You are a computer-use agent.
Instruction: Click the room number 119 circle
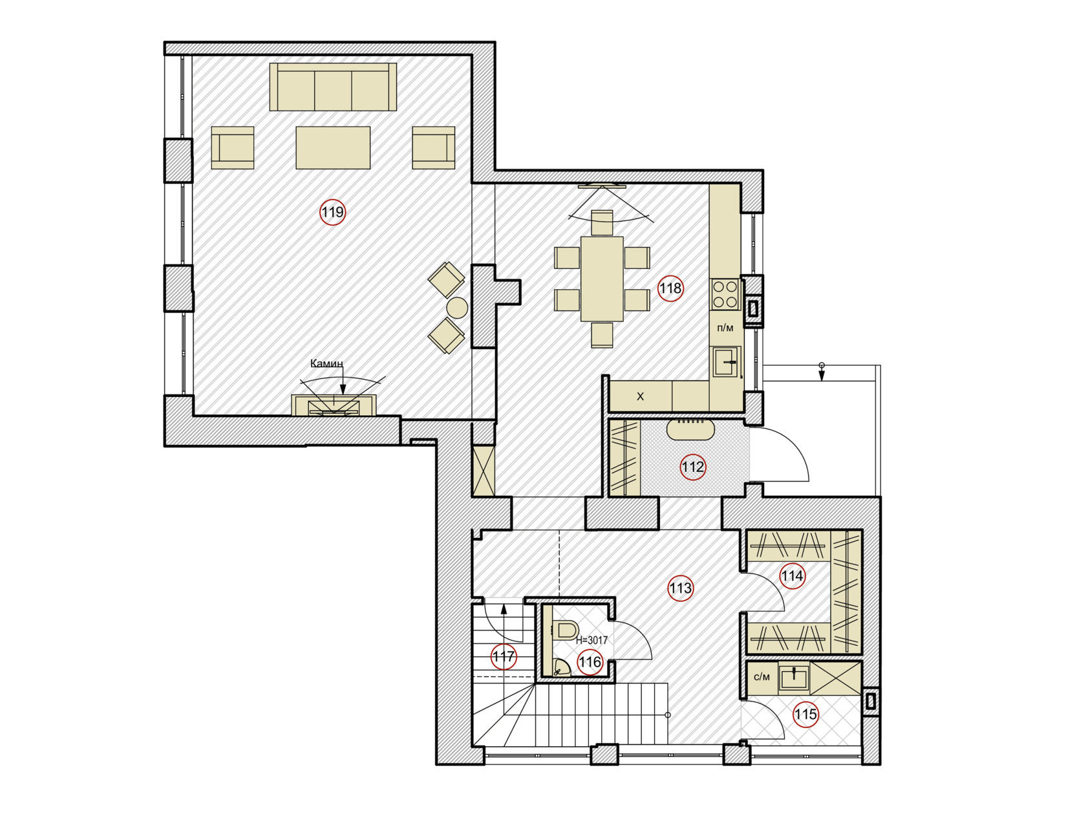[x=332, y=212]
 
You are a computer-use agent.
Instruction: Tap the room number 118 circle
[x=670, y=288]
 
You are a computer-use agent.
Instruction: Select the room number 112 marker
[x=693, y=467]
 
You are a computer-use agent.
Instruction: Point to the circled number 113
[x=680, y=588]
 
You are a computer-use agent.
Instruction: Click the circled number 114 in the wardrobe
[x=792, y=576]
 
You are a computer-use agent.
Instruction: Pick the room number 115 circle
[x=805, y=714]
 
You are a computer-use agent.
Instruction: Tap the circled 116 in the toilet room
[x=590, y=662]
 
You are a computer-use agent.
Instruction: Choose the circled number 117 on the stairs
[x=504, y=657]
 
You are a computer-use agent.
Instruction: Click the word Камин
[x=326, y=364]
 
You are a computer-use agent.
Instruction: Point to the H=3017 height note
[x=591, y=640]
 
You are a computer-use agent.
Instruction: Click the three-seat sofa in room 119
[x=333, y=87]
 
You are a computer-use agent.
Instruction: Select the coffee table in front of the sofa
[x=333, y=147]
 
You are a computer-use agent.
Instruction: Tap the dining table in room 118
[x=602, y=279]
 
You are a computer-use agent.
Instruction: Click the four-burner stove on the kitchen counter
[x=725, y=294]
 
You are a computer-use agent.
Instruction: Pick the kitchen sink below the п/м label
[x=727, y=361]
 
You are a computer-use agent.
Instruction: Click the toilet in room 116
[x=566, y=630]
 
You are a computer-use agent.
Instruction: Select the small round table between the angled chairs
[x=457, y=308]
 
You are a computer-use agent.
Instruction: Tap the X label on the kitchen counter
[x=640, y=396]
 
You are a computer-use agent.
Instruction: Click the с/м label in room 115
[x=762, y=677]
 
